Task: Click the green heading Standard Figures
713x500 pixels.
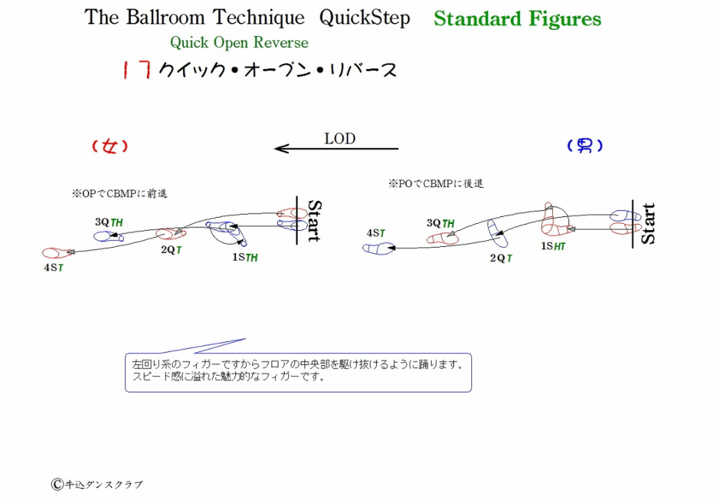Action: (517, 19)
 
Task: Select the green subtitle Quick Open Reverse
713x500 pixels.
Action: (240, 42)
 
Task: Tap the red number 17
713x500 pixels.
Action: (137, 70)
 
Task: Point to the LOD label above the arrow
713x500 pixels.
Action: (340, 138)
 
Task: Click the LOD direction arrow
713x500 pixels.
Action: (336, 149)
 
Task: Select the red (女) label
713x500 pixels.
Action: (110, 146)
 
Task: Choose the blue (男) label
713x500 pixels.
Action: (585, 145)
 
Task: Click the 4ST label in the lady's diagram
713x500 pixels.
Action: (54, 268)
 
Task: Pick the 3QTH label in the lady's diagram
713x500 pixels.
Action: (109, 222)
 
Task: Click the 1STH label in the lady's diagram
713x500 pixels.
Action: (245, 257)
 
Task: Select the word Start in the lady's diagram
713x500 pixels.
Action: (315, 220)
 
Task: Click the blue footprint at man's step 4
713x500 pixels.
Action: (378, 248)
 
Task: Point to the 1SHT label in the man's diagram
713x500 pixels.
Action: (553, 246)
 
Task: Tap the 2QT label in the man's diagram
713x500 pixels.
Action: (501, 259)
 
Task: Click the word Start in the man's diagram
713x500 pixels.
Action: (648, 223)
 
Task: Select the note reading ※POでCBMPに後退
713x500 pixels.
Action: (436, 184)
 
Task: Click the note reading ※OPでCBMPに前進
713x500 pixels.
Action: (120, 194)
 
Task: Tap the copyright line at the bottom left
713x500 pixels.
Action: (97, 485)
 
